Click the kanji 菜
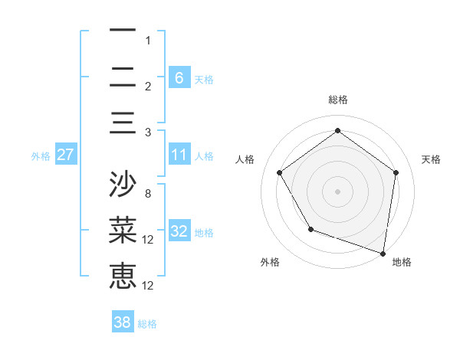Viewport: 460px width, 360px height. click(123, 231)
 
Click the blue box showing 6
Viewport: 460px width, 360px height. click(179, 77)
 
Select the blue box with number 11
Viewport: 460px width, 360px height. click(179, 155)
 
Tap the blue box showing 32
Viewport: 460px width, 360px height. click(179, 232)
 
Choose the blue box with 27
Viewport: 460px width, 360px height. click(65, 155)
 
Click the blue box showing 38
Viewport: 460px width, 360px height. click(122, 322)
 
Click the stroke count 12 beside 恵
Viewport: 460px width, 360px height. click(149, 286)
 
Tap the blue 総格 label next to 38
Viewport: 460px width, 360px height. click(147, 324)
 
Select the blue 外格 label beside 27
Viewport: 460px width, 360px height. click(41, 156)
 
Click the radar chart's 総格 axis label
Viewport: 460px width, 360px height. click(337, 100)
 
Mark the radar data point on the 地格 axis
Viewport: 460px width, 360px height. click(383, 252)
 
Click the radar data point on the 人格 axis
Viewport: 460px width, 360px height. click(279, 172)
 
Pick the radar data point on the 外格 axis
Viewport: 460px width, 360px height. click(310, 229)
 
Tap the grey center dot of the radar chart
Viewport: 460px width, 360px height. click(337, 191)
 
